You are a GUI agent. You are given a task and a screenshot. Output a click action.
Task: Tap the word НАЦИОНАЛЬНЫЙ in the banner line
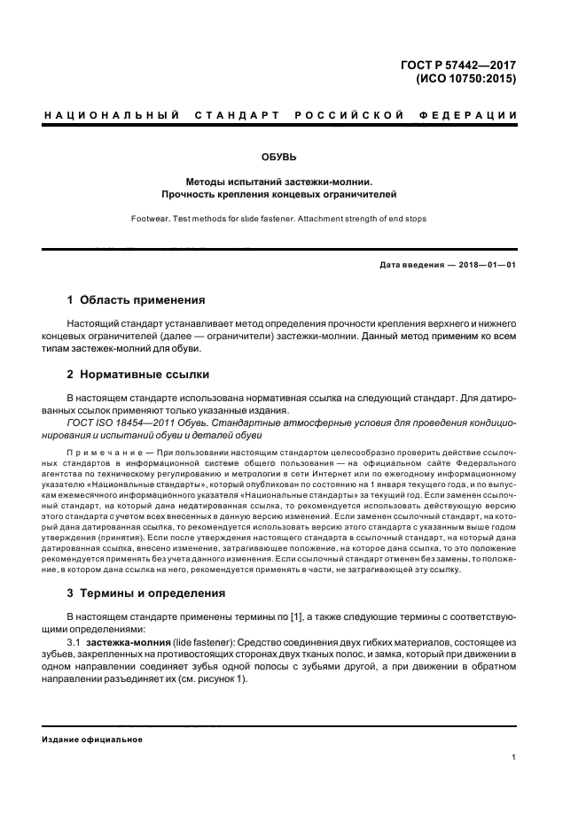click(x=112, y=116)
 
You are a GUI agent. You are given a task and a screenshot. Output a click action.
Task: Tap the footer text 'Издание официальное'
click(x=92, y=739)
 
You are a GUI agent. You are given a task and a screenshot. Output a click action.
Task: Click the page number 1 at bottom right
click(x=513, y=757)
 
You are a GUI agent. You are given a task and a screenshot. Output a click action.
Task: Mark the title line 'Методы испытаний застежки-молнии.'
click(x=292, y=180)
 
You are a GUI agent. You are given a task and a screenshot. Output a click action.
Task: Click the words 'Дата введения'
click(x=409, y=265)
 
